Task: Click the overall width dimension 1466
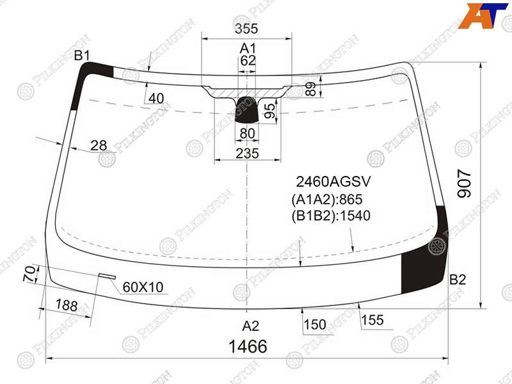click(248, 346)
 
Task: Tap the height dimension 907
click(465, 183)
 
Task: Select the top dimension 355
click(246, 28)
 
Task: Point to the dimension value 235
click(247, 153)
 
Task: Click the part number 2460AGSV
click(333, 182)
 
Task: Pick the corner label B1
click(82, 56)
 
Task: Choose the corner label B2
click(458, 280)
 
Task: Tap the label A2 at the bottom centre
click(250, 326)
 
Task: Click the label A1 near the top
click(248, 49)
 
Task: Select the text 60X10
click(143, 287)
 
